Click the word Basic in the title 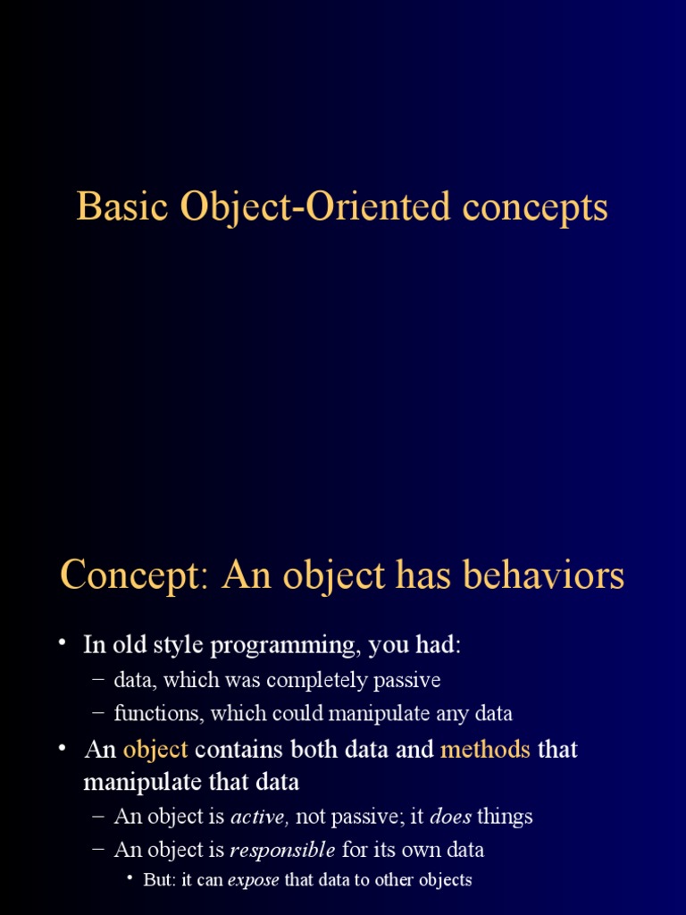[x=122, y=206]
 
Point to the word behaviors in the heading [x=544, y=575]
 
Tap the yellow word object [x=155, y=750]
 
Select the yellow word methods [x=485, y=750]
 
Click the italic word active [x=260, y=817]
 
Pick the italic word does [x=450, y=817]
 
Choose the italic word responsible [x=282, y=851]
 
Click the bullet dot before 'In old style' [x=63, y=642]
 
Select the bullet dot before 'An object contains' [x=63, y=747]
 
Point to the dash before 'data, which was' [x=98, y=680]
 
